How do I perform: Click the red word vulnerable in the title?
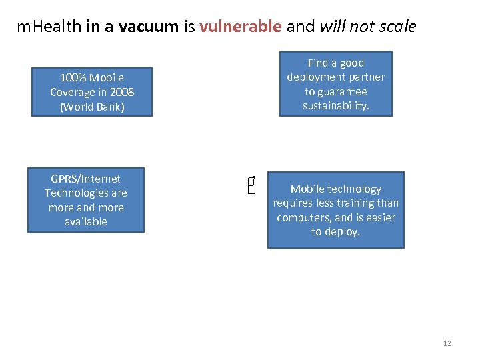click(240, 27)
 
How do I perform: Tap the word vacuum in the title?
click(151, 27)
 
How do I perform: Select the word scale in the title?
click(399, 27)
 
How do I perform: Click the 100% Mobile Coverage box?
click(92, 92)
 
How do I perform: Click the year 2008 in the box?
click(122, 92)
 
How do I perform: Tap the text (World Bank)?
click(92, 107)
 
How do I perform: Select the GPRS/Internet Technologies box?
click(86, 200)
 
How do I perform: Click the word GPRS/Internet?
click(86, 179)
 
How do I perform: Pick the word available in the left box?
click(86, 221)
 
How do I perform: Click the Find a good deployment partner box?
click(336, 84)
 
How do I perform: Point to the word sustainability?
click(336, 106)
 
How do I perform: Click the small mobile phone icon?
click(251, 186)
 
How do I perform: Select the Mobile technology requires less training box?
click(336, 211)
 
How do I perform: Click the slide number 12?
click(447, 343)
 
